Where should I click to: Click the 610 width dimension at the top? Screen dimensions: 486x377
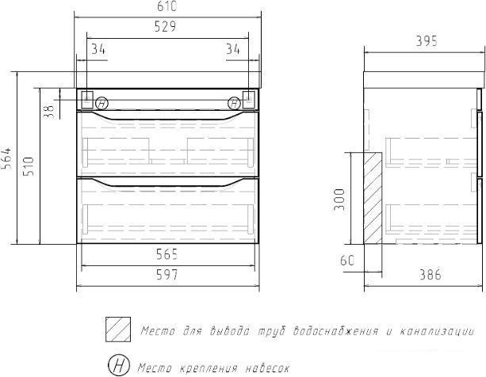pyautogui.click(x=166, y=6)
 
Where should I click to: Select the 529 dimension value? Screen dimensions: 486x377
pyautogui.click(x=165, y=26)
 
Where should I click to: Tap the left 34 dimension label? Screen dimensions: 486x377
pyautogui.click(x=98, y=49)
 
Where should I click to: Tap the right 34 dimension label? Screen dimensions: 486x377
pyautogui.click(x=233, y=49)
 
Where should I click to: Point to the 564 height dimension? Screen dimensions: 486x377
pyautogui.click(x=6, y=158)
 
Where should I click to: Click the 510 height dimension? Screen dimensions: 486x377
pyautogui.click(x=29, y=166)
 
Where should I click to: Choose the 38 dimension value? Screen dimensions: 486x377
pyautogui.click(x=48, y=112)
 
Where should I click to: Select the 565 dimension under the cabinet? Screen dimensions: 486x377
pyautogui.click(x=166, y=254)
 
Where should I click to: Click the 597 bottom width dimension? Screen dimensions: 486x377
pyautogui.click(x=166, y=275)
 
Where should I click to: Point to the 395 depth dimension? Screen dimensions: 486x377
pyautogui.click(x=427, y=41)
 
